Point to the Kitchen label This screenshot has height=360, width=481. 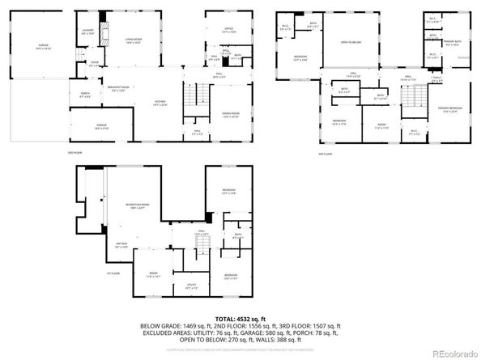(x=160, y=102)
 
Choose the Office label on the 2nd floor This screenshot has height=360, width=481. (x=229, y=28)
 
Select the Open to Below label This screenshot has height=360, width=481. (x=351, y=41)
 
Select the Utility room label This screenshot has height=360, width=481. (x=191, y=286)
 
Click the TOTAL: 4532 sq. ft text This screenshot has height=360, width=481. (x=240, y=319)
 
